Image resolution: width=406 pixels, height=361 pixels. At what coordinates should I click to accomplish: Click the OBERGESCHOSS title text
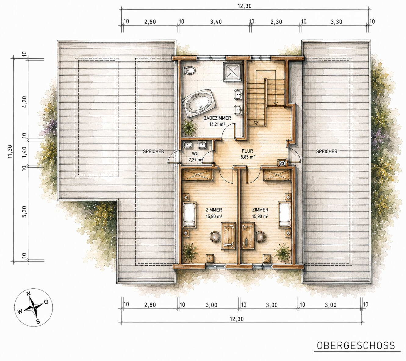pyautogui.click(x=356, y=345)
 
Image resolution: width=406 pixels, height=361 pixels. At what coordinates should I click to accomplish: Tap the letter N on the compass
pyautogui.click(x=29, y=294)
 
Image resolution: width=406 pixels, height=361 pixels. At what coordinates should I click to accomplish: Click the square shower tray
pyautogui.click(x=232, y=71)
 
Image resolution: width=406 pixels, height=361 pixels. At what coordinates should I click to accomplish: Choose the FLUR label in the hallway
pyautogui.click(x=247, y=151)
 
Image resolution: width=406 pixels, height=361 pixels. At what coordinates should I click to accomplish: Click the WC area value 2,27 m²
pyautogui.click(x=195, y=160)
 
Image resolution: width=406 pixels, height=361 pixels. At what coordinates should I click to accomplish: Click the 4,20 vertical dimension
pyautogui.click(x=25, y=102)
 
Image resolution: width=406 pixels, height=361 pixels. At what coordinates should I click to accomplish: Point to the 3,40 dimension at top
pyautogui.click(x=216, y=22)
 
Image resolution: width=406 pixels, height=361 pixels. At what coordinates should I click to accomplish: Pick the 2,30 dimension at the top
pyautogui.click(x=276, y=22)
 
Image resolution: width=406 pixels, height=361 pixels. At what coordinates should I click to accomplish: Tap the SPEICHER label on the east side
pyautogui.click(x=327, y=151)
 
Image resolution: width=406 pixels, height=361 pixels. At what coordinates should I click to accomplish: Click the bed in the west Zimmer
pyautogui.click(x=189, y=215)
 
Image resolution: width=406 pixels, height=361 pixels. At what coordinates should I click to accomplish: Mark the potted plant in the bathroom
pyautogui.click(x=189, y=127)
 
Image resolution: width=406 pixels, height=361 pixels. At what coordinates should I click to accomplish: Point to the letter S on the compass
pyautogui.click(x=38, y=322)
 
